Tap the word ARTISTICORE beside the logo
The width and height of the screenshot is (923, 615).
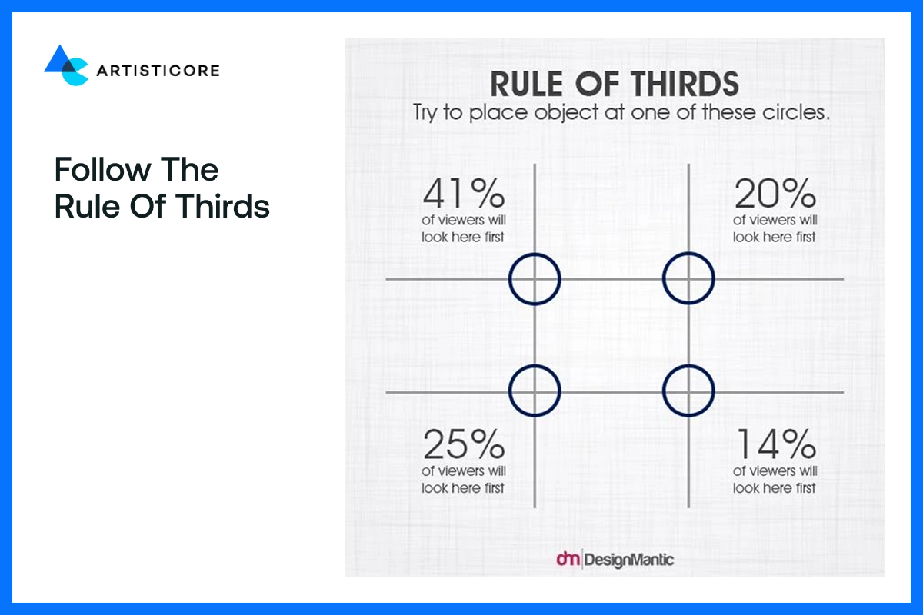[x=158, y=71]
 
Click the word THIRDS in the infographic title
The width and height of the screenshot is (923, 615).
[x=678, y=84]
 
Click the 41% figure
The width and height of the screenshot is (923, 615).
[x=463, y=194]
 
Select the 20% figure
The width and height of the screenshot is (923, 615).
[x=775, y=194]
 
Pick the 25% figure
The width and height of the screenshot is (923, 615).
[x=463, y=444]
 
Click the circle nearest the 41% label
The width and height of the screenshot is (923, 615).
[x=535, y=279]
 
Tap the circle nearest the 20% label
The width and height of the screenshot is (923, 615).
[x=689, y=279]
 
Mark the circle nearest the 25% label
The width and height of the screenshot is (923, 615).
[x=535, y=391]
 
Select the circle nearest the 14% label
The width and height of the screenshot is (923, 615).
[x=689, y=391]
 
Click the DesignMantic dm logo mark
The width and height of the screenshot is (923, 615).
[x=567, y=559]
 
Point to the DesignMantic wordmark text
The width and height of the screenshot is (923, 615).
[x=629, y=560]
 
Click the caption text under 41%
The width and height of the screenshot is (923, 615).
[x=463, y=229]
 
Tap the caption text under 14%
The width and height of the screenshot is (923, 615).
[x=775, y=479]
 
